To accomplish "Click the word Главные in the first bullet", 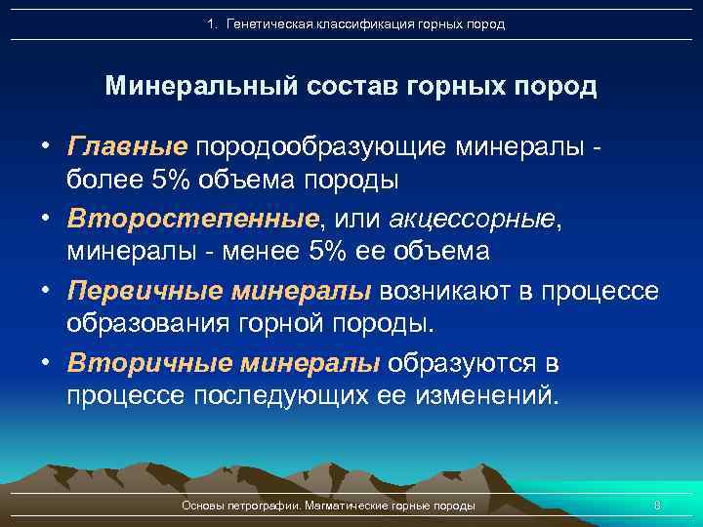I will coord(127,146).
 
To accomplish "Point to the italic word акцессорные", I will coord(473,217).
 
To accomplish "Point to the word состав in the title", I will coord(349,86).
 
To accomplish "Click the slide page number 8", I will coord(656,506).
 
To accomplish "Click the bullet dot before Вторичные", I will coord(45,364).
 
